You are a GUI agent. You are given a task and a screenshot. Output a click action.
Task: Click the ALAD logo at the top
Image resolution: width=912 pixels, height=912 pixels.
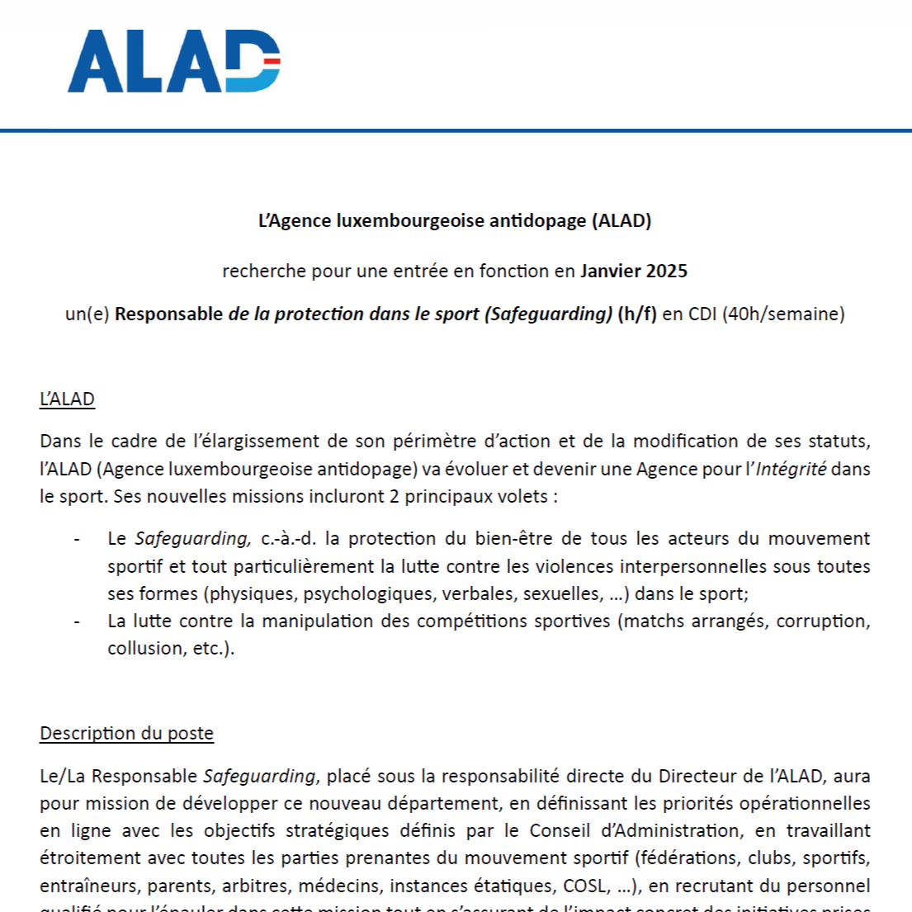tap(173, 61)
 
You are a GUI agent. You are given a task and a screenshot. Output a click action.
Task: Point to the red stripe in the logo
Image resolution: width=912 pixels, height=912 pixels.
tap(271, 60)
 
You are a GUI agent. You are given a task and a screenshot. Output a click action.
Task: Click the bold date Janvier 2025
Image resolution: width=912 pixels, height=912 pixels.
tap(634, 271)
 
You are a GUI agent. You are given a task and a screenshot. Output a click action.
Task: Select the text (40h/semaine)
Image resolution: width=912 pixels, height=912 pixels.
tap(783, 314)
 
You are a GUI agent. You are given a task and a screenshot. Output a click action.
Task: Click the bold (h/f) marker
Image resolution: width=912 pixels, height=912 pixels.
tap(637, 314)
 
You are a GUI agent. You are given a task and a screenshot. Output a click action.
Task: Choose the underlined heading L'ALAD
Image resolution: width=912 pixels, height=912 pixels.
tap(67, 399)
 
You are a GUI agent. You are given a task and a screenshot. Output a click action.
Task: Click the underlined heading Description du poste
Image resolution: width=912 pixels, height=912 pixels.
tap(126, 734)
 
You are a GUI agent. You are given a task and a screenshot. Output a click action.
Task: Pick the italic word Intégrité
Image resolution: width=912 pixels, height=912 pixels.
tap(792, 470)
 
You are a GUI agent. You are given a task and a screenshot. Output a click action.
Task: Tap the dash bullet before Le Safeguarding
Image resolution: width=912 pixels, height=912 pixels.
tap(77, 539)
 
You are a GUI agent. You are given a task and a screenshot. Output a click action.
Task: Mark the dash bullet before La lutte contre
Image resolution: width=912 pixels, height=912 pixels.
tap(77, 621)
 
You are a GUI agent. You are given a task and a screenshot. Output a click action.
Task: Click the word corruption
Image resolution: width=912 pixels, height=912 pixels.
tap(823, 621)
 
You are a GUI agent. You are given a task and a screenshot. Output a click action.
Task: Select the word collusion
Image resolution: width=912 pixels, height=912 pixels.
tap(143, 649)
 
